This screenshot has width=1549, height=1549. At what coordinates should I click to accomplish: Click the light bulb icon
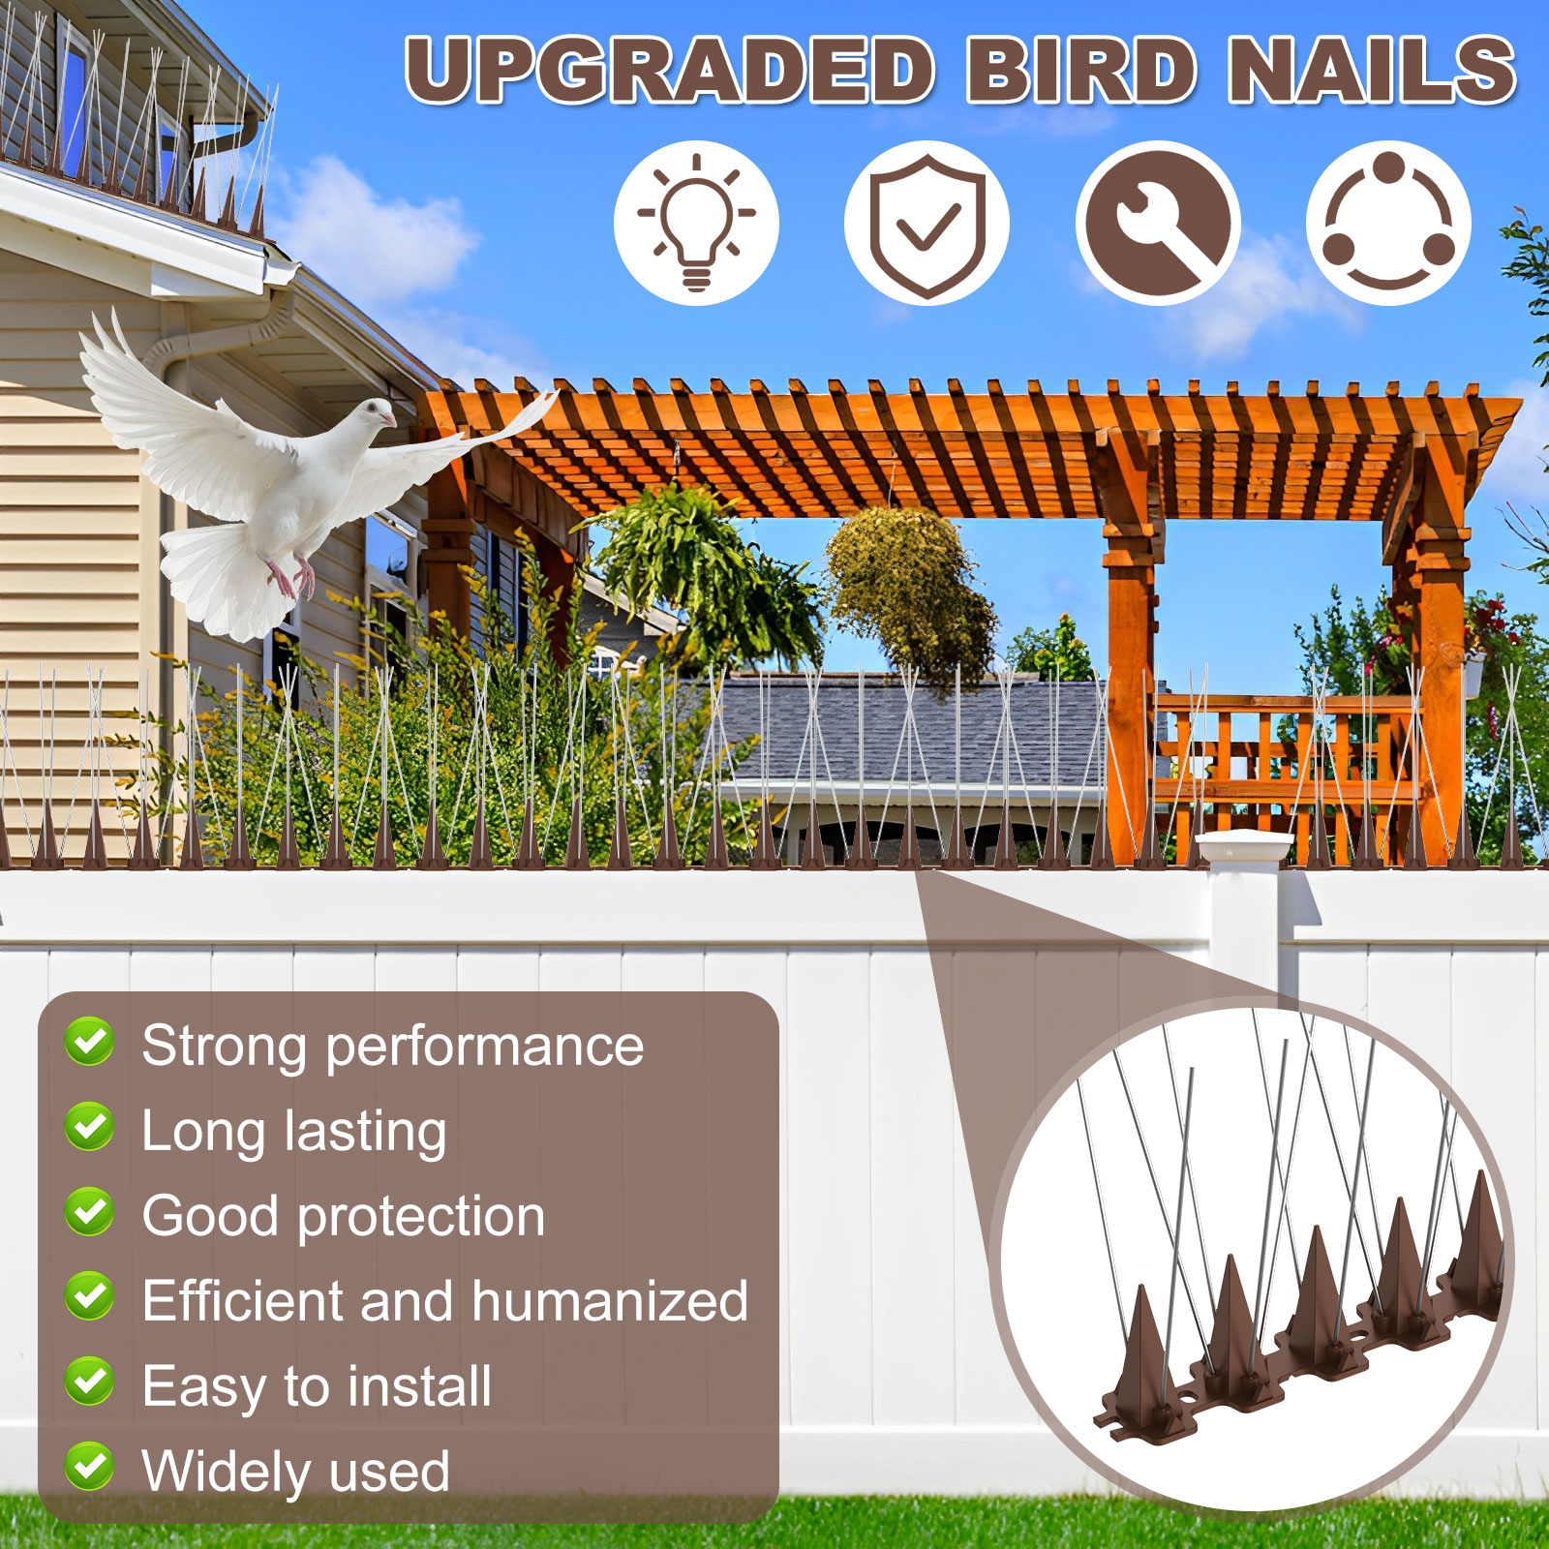tap(696, 223)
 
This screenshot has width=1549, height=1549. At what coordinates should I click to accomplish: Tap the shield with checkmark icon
tap(926, 224)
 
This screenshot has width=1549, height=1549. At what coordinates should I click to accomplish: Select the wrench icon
tap(1158, 224)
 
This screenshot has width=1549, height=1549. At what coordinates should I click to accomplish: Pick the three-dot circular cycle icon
tap(1388, 224)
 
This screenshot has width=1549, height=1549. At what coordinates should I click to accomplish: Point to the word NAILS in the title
tap(1373, 70)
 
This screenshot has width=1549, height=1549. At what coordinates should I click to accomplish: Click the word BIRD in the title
tap(1080, 70)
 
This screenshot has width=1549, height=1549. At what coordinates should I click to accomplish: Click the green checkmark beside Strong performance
tap(89, 1043)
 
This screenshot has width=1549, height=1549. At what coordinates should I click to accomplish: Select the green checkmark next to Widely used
tap(89, 1468)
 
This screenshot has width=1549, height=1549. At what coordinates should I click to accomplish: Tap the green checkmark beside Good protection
tap(89, 1213)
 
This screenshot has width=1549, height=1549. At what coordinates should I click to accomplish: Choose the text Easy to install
tap(317, 1385)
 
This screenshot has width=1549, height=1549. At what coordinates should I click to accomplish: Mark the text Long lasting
tap(294, 1130)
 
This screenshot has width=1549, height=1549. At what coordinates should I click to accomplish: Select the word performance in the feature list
tap(485, 1046)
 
